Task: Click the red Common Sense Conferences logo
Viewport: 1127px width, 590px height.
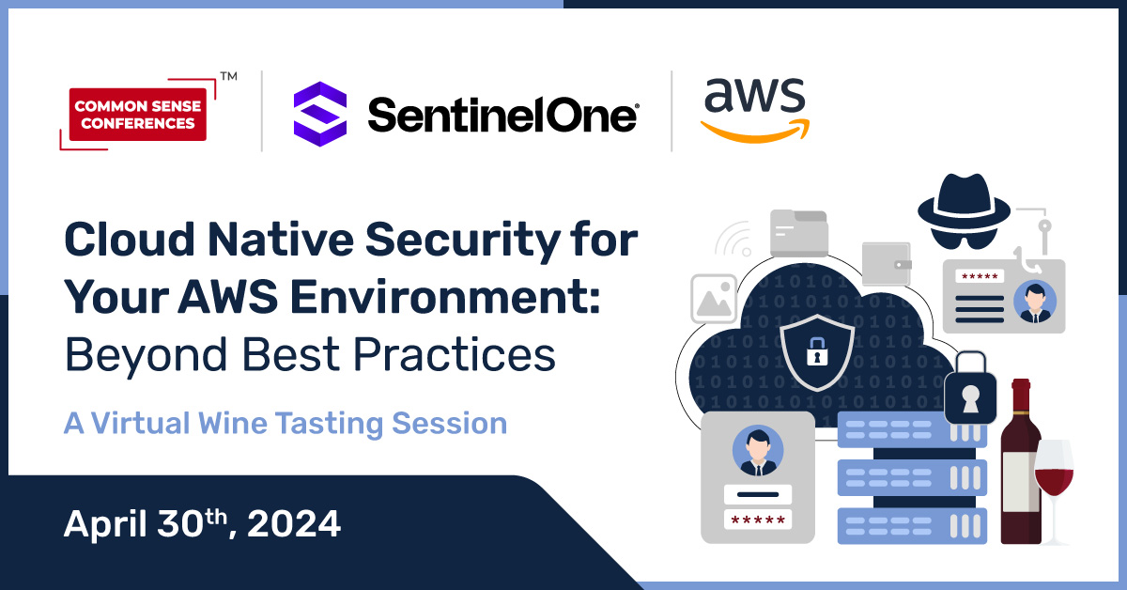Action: (138, 114)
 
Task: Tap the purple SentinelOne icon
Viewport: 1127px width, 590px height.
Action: (320, 114)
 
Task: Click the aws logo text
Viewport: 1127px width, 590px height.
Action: (754, 96)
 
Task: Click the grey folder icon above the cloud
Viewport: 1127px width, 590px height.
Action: (798, 232)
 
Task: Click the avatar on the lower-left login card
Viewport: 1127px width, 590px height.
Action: (757, 451)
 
